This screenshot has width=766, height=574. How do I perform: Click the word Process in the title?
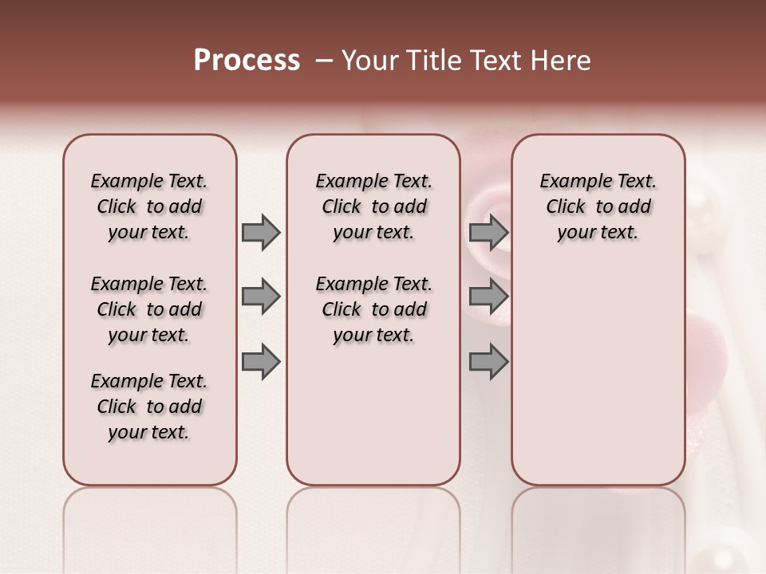[x=247, y=60]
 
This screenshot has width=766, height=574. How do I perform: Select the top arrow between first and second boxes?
[x=261, y=233]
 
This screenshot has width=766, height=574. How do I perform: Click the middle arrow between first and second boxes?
[x=261, y=297]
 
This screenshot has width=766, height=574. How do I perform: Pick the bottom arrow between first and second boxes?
[x=261, y=363]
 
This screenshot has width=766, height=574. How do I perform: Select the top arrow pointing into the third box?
[x=488, y=233]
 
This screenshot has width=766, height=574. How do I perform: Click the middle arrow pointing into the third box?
[x=488, y=297]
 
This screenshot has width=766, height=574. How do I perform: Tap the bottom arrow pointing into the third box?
[x=488, y=363]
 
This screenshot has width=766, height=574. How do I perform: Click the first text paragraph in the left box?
[x=149, y=206]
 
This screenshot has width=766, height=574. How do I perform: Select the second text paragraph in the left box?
[x=149, y=309]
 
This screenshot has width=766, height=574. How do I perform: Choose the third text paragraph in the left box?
[x=149, y=407]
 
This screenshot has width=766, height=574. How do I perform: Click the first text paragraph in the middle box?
[x=373, y=206]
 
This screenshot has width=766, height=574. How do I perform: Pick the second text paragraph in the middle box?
[x=373, y=309]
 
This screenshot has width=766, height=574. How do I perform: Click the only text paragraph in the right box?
[x=598, y=206]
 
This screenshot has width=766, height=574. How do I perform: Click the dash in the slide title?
[x=324, y=61]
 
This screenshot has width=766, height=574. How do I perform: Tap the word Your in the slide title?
[x=370, y=61]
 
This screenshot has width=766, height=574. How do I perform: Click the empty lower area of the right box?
[x=598, y=375]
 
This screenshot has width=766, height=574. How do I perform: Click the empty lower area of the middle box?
[x=373, y=415]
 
